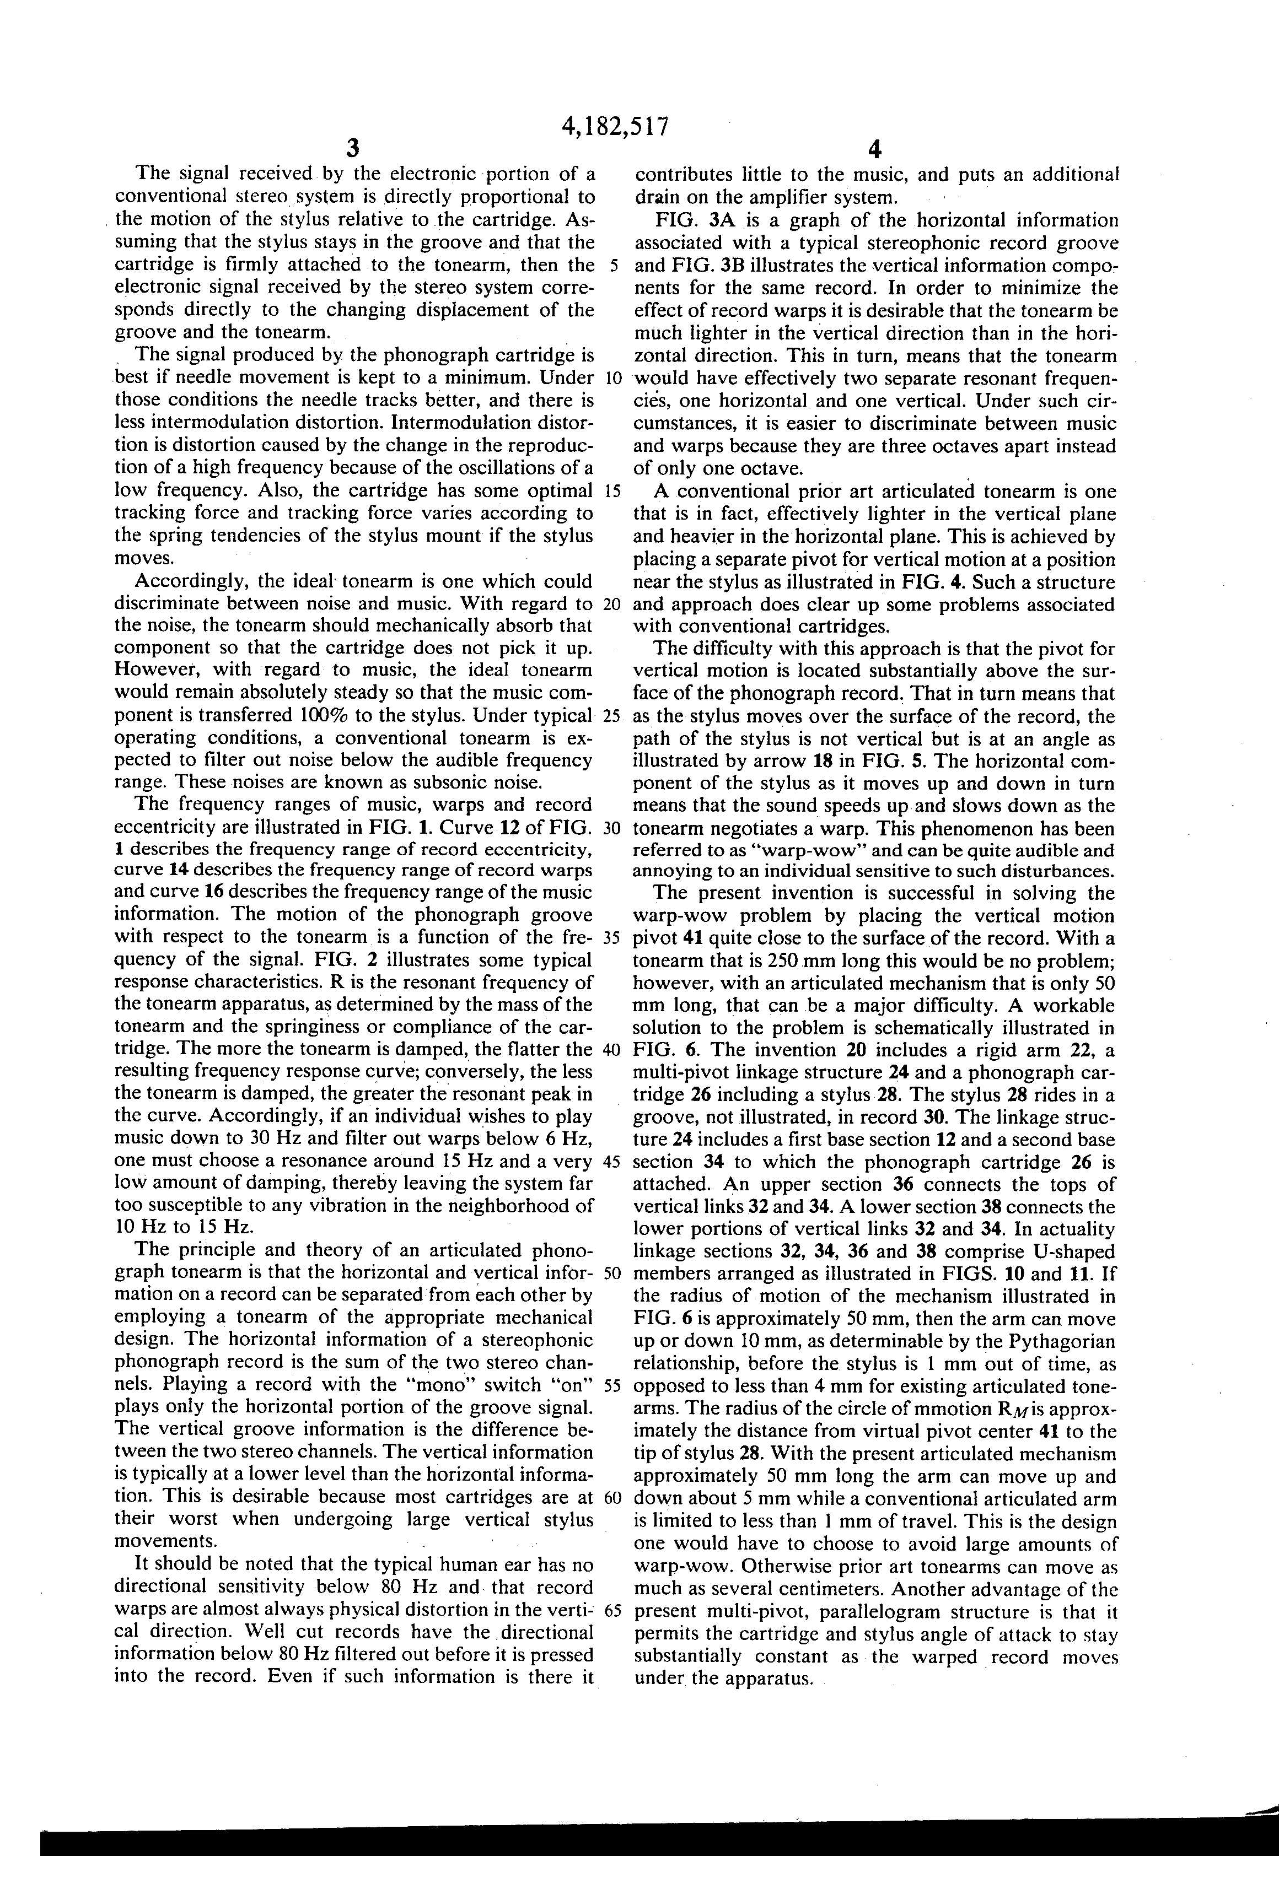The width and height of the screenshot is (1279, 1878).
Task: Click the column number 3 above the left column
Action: click(352, 149)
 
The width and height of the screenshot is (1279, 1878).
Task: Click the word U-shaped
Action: click(1068, 1252)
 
